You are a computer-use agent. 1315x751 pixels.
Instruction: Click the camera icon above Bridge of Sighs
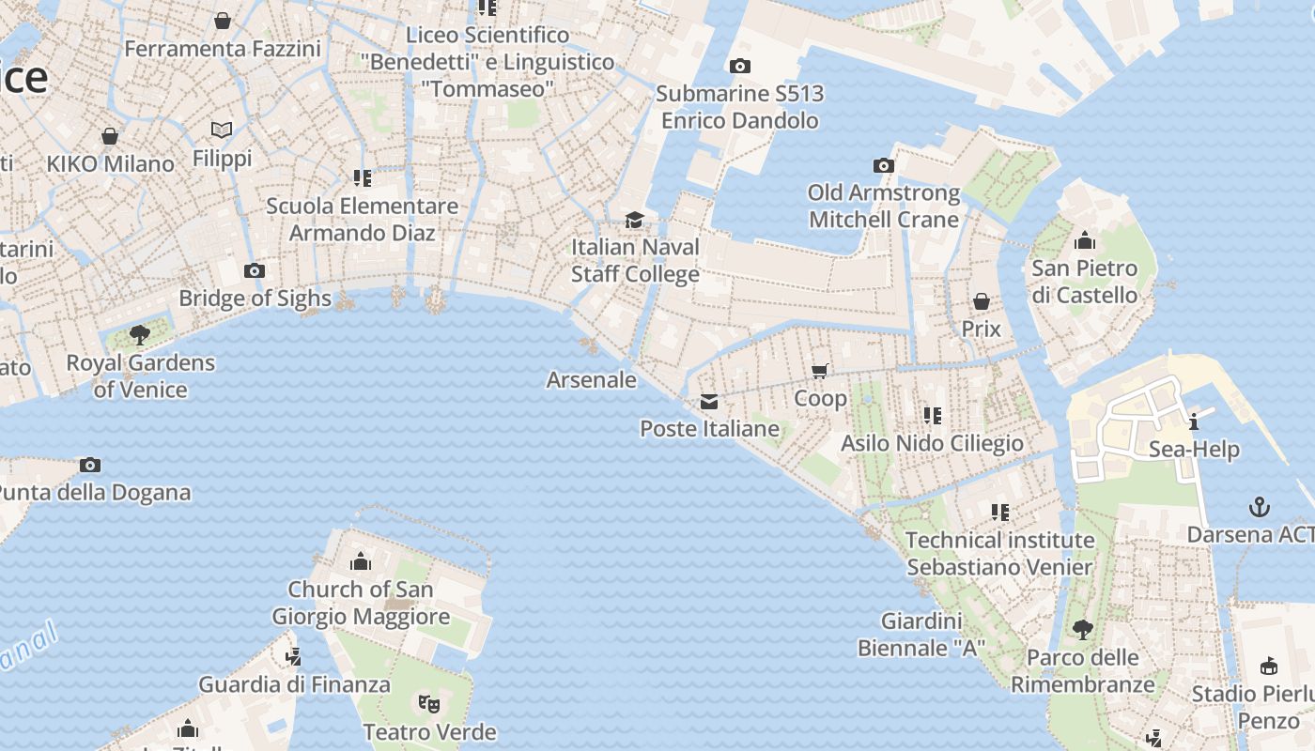click(x=254, y=271)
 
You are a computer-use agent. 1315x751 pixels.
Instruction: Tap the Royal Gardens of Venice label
click(x=140, y=375)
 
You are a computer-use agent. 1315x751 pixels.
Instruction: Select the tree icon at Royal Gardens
click(x=140, y=334)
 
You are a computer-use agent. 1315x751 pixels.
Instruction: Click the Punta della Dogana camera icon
click(x=90, y=465)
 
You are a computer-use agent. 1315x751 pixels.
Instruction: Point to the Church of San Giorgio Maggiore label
click(x=361, y=603)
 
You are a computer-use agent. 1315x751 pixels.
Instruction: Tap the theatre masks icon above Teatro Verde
click(x=428, y=702)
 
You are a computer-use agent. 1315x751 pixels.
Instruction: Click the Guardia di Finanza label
click(x=294, y=684)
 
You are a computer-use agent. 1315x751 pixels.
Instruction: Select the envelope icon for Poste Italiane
click(x=709, y=402)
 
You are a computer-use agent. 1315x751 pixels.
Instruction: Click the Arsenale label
click(x=591, y=379)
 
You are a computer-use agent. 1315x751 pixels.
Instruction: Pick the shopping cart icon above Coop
click(x=820, y=371)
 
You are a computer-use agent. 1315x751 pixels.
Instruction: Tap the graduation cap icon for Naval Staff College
click(x=635, y=220)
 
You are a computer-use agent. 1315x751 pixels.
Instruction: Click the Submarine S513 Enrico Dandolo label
click(x=739, y=106)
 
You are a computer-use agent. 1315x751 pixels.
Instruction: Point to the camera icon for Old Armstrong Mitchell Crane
click(x=883, y=166)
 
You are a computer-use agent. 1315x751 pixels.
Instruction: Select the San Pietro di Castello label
click(x=1085, y=282)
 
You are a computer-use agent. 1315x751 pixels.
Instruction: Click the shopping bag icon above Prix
click(x=981, y=301)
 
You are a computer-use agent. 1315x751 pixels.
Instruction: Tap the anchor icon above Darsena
click(x=1259, y=508)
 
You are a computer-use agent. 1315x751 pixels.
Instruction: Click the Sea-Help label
click(x=1194, y=449)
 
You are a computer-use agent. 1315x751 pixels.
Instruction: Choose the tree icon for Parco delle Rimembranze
click(x=1082, y=630)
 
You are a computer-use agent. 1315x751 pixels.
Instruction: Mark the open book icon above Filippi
click(x=222, y=130)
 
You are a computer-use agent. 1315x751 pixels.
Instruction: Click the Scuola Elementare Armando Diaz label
click(x=362, y=219)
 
